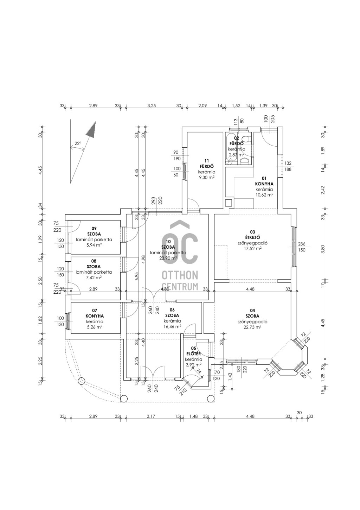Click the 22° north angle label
pyautogui.click(x=77, y=144)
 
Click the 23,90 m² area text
pyautogui.click(x=168, y=258)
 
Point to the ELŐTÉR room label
pyautogui.click(x=193, y=354)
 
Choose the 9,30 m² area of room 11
pyautogui.click(x=206, y=178)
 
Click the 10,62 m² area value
pyautogui.click(x=264, y=195)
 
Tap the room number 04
pyautogui.click(x=252, y=311)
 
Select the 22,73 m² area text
pyautogui.click(x=252, y=327)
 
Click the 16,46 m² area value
pyautogui.click(x=172, y=326)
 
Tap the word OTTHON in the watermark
pyautogui.click(x=179, y=275)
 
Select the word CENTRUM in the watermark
pyautogui.click(x=179, y=287)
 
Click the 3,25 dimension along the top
pyautogui.click(x=151, y=106)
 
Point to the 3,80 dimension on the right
pyautogui.click(x=322, y=249)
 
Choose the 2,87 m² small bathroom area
pyautogui.click(x=236, y=154)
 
